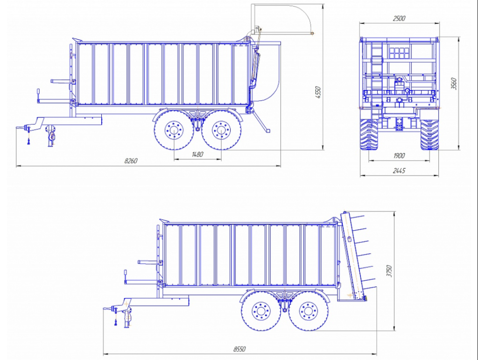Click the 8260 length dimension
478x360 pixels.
pos(131,161)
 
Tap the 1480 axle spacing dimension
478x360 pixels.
pos(197,154)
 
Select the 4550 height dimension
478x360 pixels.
pos(318,92)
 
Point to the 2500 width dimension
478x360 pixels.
pos(399,18)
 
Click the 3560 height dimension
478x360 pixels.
pos(454,84)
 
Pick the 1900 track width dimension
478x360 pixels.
pos(399,156)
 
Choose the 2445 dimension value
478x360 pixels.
pos(399,171)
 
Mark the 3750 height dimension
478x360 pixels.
pos(389,271)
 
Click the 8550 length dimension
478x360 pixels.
pos(239,349)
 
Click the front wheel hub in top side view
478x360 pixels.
pos(174,130)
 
